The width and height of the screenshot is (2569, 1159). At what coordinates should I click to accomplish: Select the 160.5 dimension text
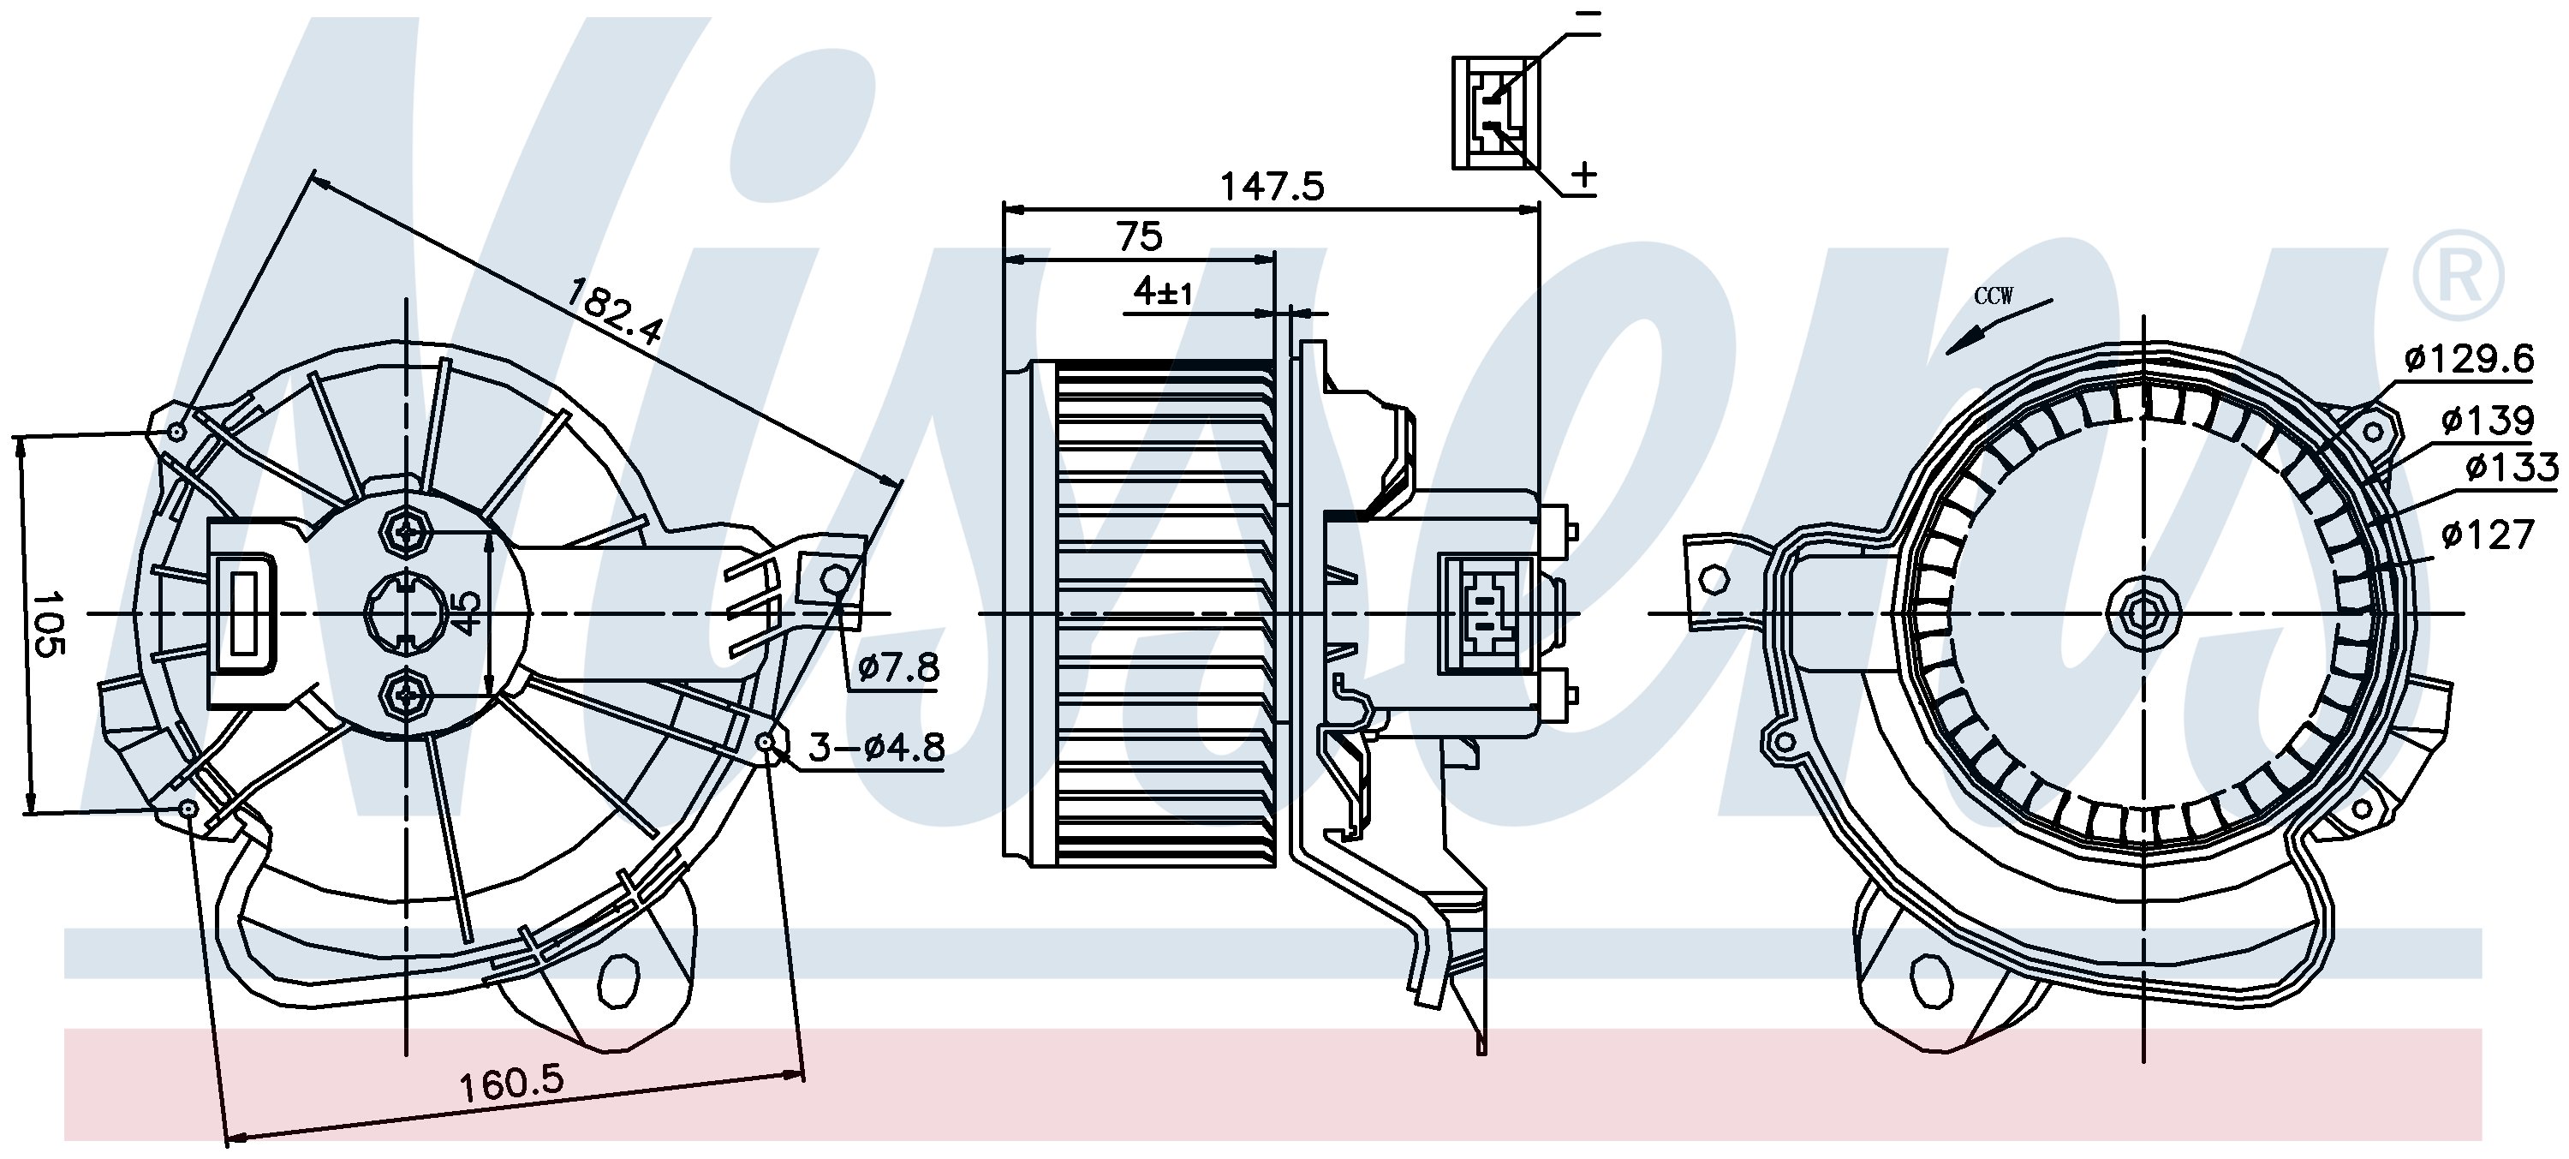[x=511, y=1081]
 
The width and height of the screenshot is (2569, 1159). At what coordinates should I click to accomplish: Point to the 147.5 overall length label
[x=1273, y=187]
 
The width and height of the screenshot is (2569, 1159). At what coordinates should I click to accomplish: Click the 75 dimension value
[x=1140, y=236]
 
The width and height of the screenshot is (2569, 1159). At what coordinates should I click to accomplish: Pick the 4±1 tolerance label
[x=1163, y=291]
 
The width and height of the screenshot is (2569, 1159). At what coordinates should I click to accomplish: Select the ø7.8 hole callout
[x=898, y=666]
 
